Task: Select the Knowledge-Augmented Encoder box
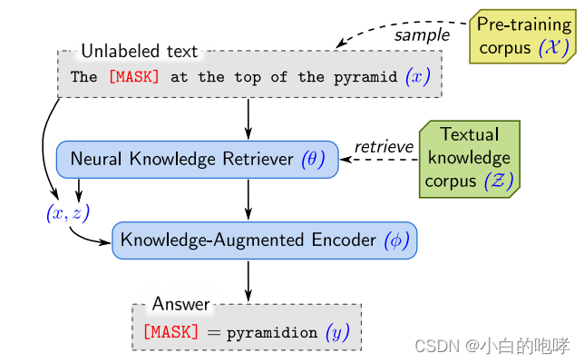(x=265, y=240)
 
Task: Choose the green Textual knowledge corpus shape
(x=469, y=159)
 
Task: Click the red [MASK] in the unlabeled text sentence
(x=133, y=77)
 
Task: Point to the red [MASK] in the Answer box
(x=170, y=332)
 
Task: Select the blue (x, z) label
(x=68, y=213)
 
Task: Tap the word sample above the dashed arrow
(x=422, y=35)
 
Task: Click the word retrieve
(x=384, y=146)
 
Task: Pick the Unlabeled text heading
(x=139, y=52)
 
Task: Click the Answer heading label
(x=180, y=304)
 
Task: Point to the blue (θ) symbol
(x=312, y=160)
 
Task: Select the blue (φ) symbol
(x=396, y=240)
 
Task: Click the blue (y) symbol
(x=337, y=333)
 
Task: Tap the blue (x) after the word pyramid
(x=418, y=77)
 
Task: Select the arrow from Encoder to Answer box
(x=248, y=280)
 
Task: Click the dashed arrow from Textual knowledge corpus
(x=381, y=160)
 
